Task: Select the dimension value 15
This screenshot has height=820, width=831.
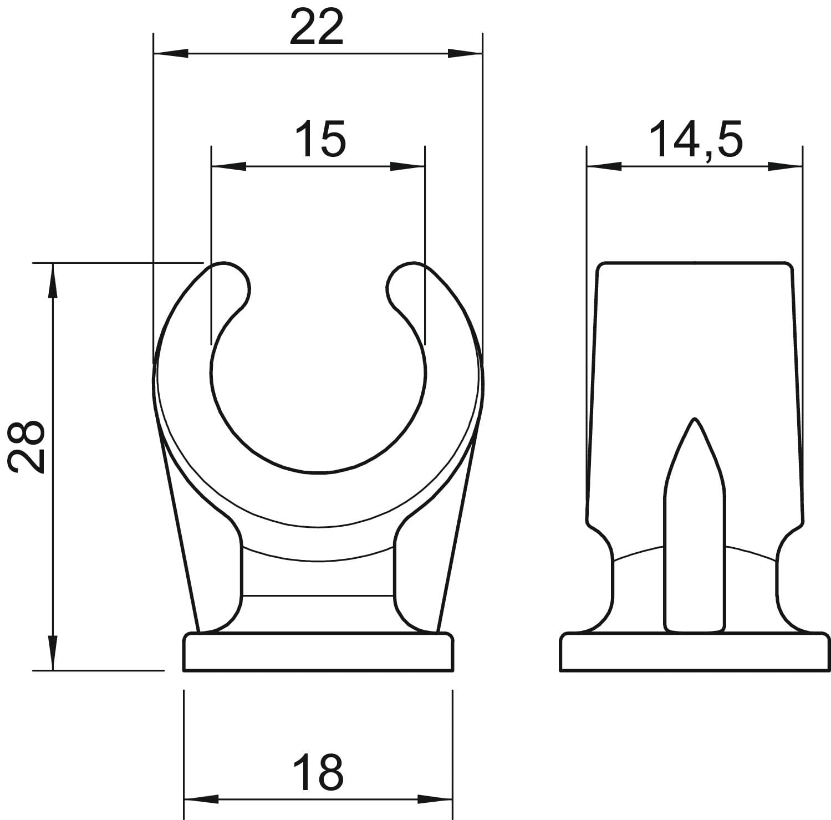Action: point(320,139)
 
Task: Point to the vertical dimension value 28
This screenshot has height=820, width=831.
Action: point(27,446)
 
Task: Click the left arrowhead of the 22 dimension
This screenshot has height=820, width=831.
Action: point(170,54)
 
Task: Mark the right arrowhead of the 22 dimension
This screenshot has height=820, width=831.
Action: point(465,54)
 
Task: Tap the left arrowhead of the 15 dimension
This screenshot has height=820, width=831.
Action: point(228,166)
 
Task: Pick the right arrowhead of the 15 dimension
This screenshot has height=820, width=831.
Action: point(407,166)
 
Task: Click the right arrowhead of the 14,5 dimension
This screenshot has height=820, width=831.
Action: point(785,166)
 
